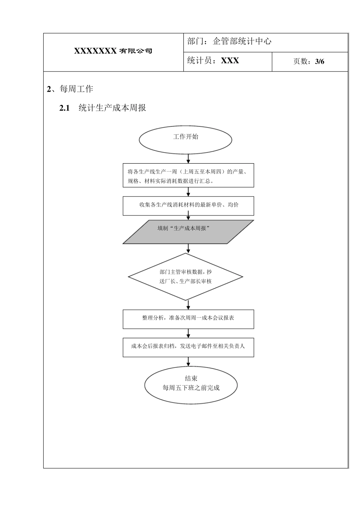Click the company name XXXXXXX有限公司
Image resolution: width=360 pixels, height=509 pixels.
pos(113,51)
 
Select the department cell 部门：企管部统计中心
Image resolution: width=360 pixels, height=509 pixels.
pos(229,42)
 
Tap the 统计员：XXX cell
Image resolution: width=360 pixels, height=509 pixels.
pos(213,61)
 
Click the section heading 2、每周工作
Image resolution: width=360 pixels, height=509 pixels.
pos(70,89)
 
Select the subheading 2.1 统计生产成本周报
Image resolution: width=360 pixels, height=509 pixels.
pos(103,108)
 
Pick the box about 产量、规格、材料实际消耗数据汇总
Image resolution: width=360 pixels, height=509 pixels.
pos(188,175)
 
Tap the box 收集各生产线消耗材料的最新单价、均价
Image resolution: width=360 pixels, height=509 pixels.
pos(188,205)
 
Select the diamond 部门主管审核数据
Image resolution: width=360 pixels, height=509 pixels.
pos(186,276)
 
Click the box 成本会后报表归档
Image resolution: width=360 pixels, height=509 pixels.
pos(188,347)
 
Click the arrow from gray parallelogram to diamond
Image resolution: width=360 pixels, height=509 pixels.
pos(188,248)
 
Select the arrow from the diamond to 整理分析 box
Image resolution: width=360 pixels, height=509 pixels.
pos(188,305)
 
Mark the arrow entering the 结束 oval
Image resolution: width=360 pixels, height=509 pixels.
pos(188,362)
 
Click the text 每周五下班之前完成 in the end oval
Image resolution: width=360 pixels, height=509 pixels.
pos(191,388)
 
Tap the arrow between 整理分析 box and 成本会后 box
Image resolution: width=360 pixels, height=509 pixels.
pos(188,333)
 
